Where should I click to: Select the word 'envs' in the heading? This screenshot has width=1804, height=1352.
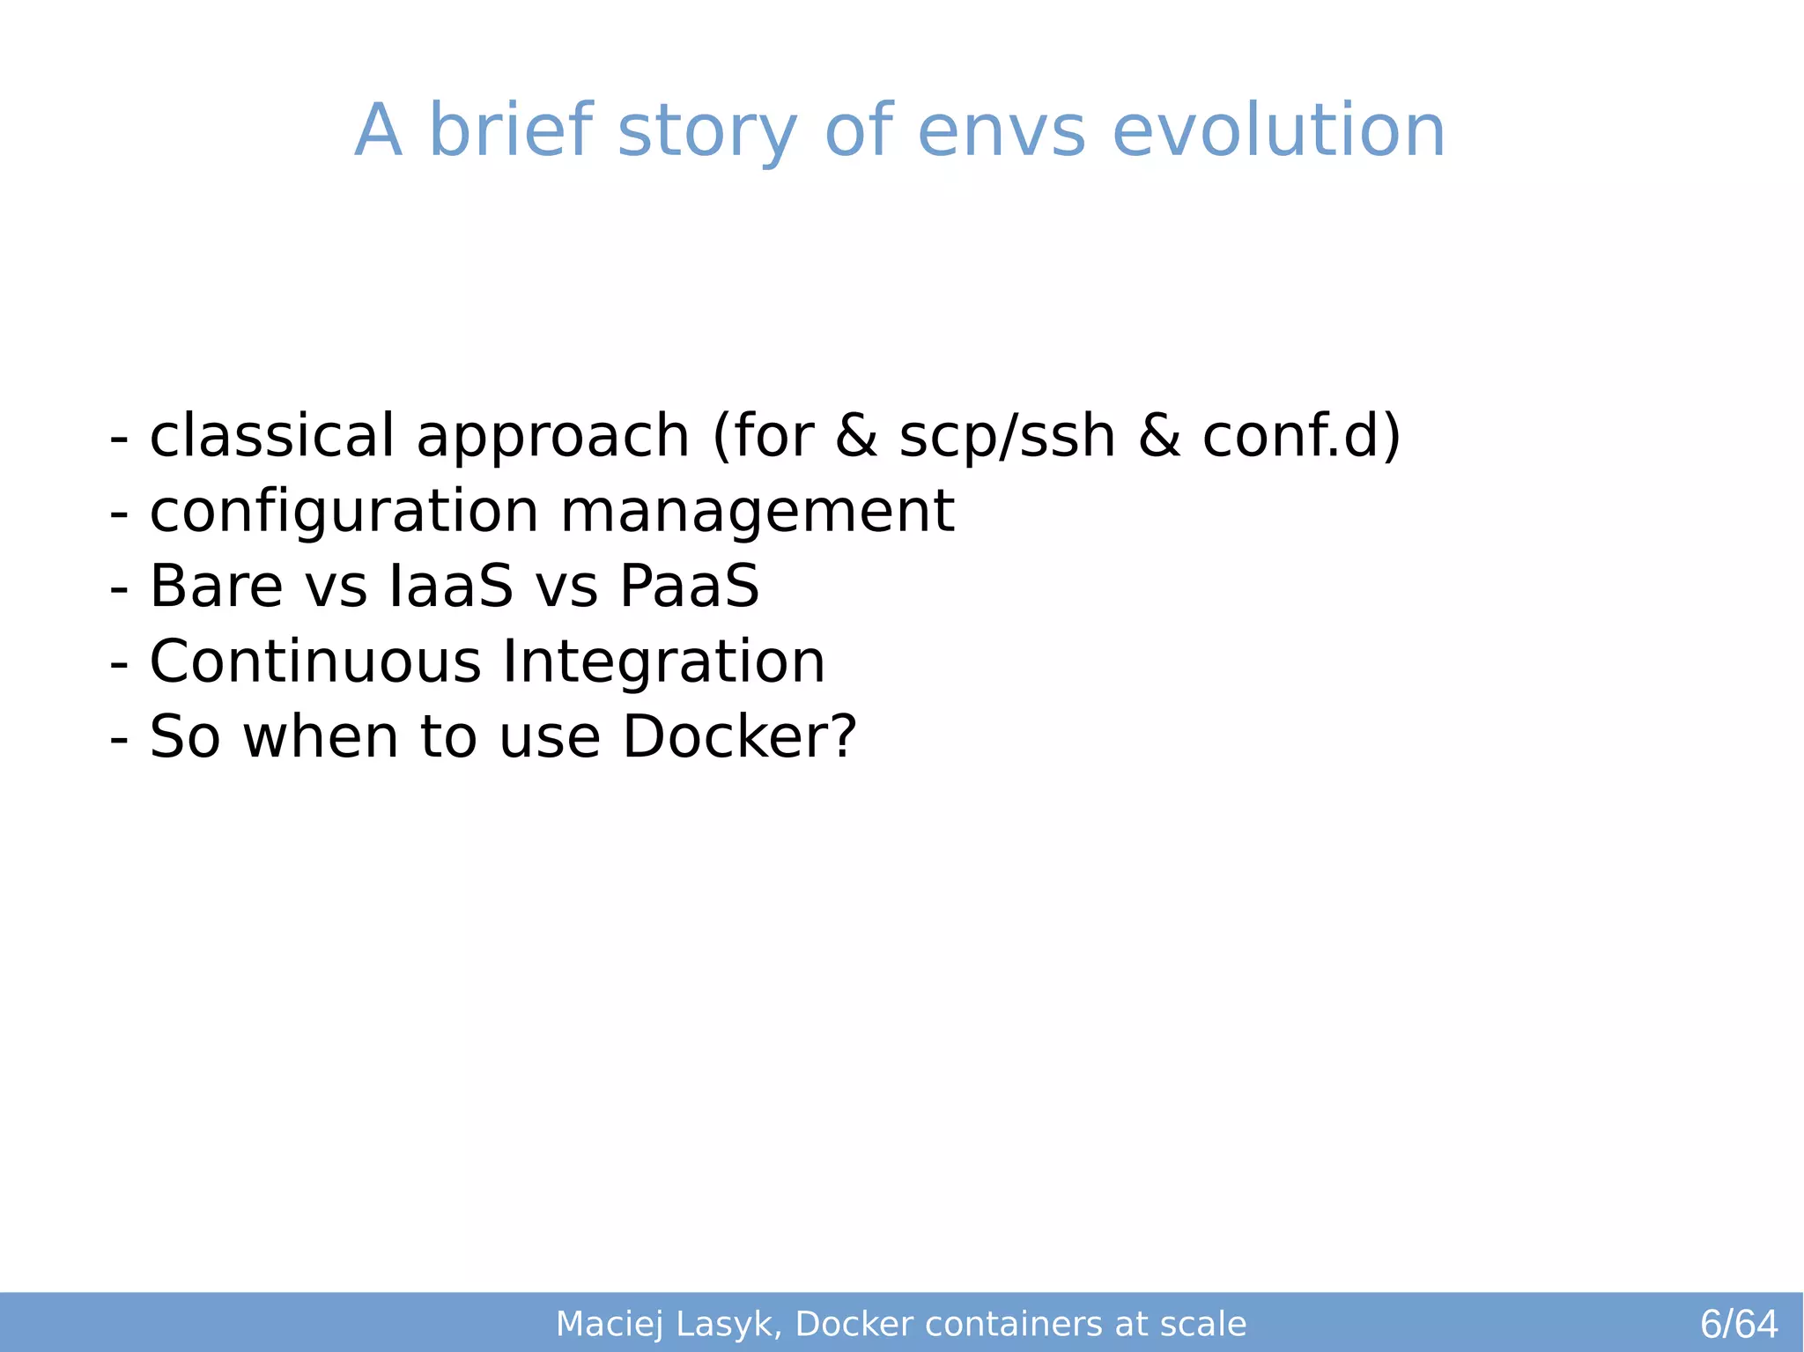1001,132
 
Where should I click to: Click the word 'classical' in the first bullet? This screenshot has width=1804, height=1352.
272,436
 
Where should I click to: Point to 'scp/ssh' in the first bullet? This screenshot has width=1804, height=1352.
1007,438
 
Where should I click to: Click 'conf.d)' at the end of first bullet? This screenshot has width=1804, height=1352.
1301,436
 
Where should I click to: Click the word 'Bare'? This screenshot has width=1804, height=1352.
216,587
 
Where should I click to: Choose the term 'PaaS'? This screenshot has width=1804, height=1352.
689,587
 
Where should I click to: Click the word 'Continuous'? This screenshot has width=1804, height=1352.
315,661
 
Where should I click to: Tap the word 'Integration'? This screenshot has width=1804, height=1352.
663,663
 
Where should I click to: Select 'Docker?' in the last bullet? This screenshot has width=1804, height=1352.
739,736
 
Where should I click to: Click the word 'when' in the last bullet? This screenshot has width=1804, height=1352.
321,736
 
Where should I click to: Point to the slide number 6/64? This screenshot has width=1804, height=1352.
1738,1324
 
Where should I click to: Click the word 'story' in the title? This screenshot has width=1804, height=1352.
707,132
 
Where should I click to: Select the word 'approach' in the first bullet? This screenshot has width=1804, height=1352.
552,438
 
